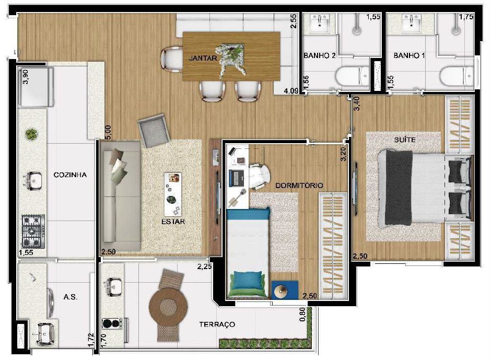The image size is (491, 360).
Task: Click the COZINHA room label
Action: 70,175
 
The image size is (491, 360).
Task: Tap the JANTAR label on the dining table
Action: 203,59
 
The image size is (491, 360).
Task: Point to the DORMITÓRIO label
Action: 299,185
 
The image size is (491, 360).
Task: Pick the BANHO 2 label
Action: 319,55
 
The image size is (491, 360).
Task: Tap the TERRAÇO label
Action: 217,324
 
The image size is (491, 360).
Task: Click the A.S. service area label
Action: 71,297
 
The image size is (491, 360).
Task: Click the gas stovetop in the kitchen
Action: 32,231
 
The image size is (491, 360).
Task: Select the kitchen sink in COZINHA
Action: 32,181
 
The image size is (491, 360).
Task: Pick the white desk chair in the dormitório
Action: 258,176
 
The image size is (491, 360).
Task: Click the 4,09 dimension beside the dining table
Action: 290,91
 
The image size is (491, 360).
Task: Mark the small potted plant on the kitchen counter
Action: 31,135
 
